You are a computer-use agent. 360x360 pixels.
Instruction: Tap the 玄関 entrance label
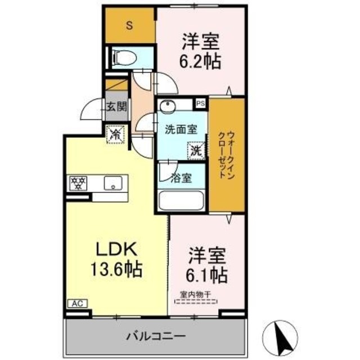[117, 106]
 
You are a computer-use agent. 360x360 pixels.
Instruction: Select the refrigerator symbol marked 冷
[115, 135]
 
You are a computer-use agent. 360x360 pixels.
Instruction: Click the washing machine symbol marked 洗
[195, 151]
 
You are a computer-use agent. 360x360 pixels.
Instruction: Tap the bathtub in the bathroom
[182, 201]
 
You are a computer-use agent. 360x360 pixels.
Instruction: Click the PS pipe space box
[200, 103]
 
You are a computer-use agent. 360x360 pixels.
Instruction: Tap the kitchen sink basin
[114, 183]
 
